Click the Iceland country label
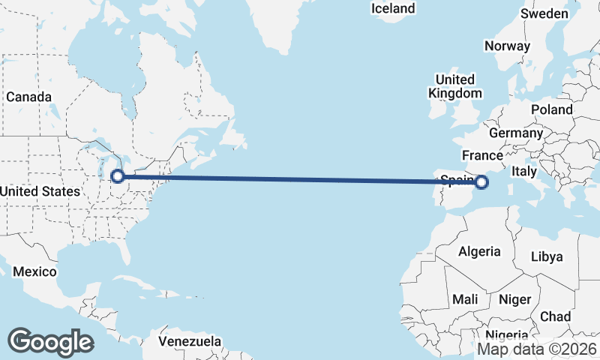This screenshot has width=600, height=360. (393, 8)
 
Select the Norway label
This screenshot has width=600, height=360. (507, 46)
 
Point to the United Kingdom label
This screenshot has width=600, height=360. (454, 86)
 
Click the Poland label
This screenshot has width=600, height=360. (551, 109)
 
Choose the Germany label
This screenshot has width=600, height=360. (515, 133)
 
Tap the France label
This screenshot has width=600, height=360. (481, 155)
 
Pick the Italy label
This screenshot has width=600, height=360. (524, 172)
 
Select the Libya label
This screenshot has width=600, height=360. (546, 256)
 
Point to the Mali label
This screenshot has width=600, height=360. (465, 299)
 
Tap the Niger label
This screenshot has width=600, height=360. (514, 299)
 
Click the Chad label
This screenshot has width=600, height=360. (555, 316)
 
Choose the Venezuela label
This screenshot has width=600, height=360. (190, 341)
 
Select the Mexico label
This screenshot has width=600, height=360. (34, 271)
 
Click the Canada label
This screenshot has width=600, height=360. (28, 97)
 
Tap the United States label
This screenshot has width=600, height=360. (39, 191)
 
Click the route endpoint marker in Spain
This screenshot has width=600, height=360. (481, 181)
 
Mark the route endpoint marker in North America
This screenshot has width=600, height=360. (117, 176)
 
